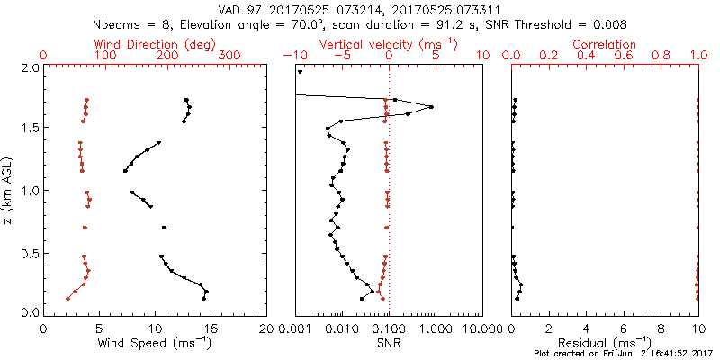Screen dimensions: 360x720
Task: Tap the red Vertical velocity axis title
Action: pyautogui.click(x=388, y=44)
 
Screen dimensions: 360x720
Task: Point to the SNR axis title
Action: pyautogui.click(x=388, y=342)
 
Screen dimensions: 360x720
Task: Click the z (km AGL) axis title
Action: pyautogui.click(x=8, y=190)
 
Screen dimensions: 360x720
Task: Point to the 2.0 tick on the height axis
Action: pyautogui.click(x=29, y=67)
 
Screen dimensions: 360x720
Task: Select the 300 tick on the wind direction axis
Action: pyautogui.click(x=229, y=56)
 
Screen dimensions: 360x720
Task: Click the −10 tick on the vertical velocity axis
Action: pyautogui.click(x=294, y=56)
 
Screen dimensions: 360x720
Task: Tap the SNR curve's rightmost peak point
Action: pyautogui.click(x=432, y=107)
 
